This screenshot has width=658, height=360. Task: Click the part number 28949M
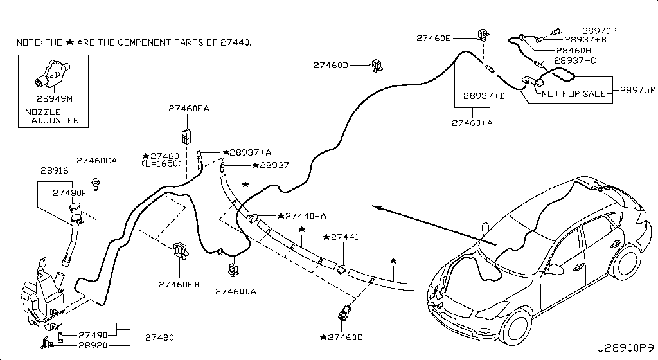point(55,99)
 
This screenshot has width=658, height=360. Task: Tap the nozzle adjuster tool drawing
point(51,75)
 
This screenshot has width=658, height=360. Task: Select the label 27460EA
point(189,109)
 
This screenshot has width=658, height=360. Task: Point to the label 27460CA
point(96,161)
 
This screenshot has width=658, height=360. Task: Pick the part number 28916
point(55,171)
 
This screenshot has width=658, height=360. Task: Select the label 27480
point(159,337)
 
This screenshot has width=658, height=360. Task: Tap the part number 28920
point(93,345)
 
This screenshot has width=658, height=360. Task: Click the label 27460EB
point(179,285)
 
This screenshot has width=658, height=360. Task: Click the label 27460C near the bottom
point(341,337)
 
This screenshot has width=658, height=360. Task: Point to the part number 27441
point(341,237)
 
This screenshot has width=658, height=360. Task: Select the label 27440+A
point(302,216)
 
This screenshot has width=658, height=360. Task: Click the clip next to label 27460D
point(377,66)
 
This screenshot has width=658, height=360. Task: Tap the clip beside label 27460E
point(483,35)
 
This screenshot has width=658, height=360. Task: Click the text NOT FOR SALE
point(574,94)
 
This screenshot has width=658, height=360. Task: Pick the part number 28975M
point(638,90)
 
